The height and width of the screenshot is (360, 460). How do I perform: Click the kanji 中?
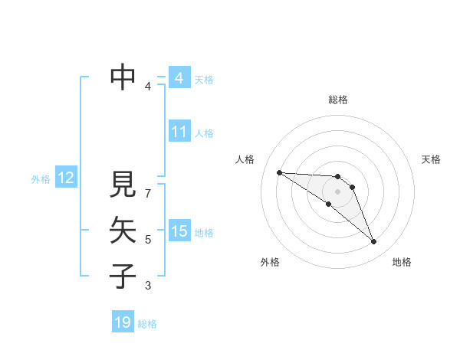[x=123, y=77]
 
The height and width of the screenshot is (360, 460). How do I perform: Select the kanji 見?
[x=123, y=185]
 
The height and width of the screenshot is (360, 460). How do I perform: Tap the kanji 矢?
[x=123, y=230]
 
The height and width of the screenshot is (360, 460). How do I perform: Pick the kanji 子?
[x=123, y=275]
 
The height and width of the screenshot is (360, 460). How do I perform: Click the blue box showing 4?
[x=179, y=78]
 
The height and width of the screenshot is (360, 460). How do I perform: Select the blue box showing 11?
[x=179, y=132]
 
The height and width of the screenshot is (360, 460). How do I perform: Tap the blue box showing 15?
[x=179, y=231]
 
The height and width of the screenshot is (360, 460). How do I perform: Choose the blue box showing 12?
[x=65, y=178]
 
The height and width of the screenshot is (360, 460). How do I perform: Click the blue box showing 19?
[x=123, y=322]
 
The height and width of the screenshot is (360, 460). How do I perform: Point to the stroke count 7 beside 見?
[x=148, y=187]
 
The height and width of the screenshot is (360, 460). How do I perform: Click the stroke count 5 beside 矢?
[x=148, y=240]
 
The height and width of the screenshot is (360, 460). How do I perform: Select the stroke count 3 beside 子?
[x=148, y=286]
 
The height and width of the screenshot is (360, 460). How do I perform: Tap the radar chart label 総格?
[x=338, y=100]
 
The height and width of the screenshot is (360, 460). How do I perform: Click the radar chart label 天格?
[x=431, y=159]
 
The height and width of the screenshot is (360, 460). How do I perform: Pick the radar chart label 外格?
[x=270, y=262]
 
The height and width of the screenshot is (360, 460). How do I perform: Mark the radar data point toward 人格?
[x=279, y=172]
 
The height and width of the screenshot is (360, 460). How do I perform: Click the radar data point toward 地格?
[x=373, y=242]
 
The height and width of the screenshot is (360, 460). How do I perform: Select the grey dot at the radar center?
[x=338, y=191]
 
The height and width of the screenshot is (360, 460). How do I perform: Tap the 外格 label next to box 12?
[x=41, y=179]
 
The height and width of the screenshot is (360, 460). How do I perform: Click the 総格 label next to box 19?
[x=147, y=324]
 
